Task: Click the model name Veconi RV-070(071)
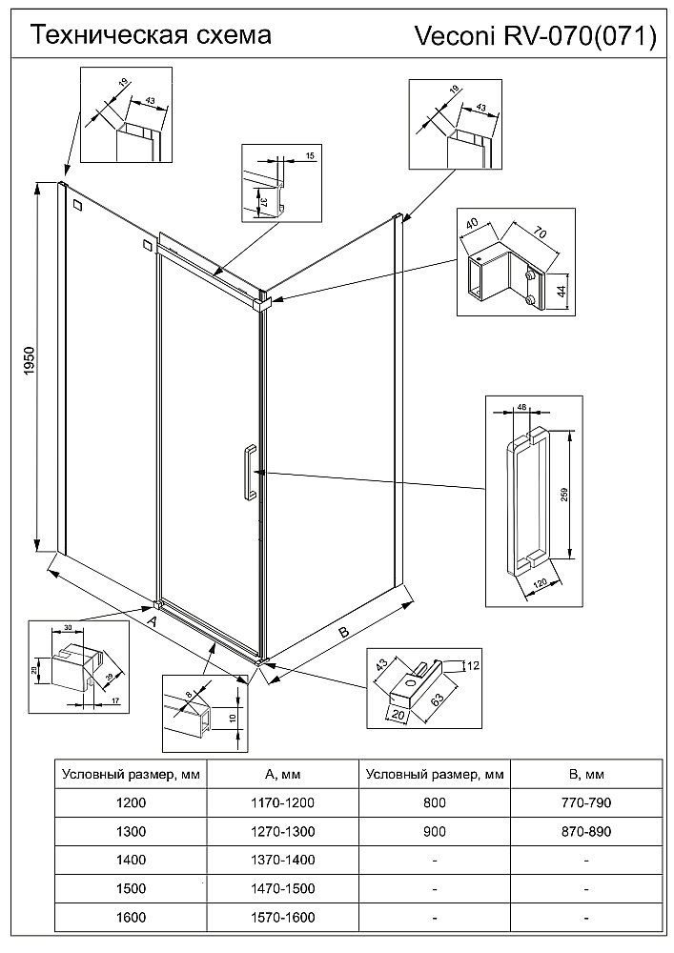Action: coord(535,36)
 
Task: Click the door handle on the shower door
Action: coord(246,472)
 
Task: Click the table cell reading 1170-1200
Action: coord(283,802)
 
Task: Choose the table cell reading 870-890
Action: coord(586,831)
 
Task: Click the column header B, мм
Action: coord(586,774)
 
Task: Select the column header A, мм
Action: coord(283,774)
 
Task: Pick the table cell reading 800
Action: coord(435,802)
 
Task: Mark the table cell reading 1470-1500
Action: coord(283,888)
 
